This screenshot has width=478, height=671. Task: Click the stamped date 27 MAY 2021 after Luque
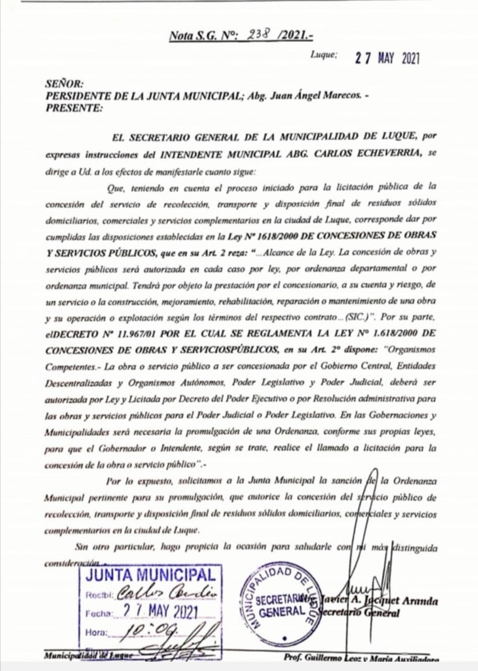click(x=387, y=58)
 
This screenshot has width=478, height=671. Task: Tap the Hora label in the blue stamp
click(x=96, y=633)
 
